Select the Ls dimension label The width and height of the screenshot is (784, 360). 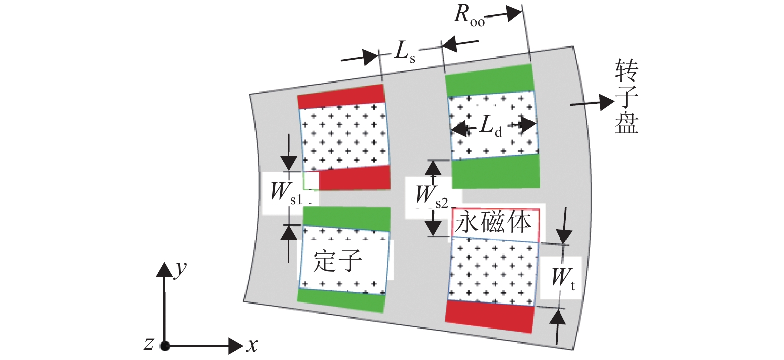click(404, 51)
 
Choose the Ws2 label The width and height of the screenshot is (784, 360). click(431, 196)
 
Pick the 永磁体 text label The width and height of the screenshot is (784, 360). click(494, 222)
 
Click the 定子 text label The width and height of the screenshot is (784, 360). click(338, 260)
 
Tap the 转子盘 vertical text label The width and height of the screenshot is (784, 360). click(626, 97)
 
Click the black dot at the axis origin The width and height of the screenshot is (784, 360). click(164, 345)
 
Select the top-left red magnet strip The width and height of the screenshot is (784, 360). click(341, 96)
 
